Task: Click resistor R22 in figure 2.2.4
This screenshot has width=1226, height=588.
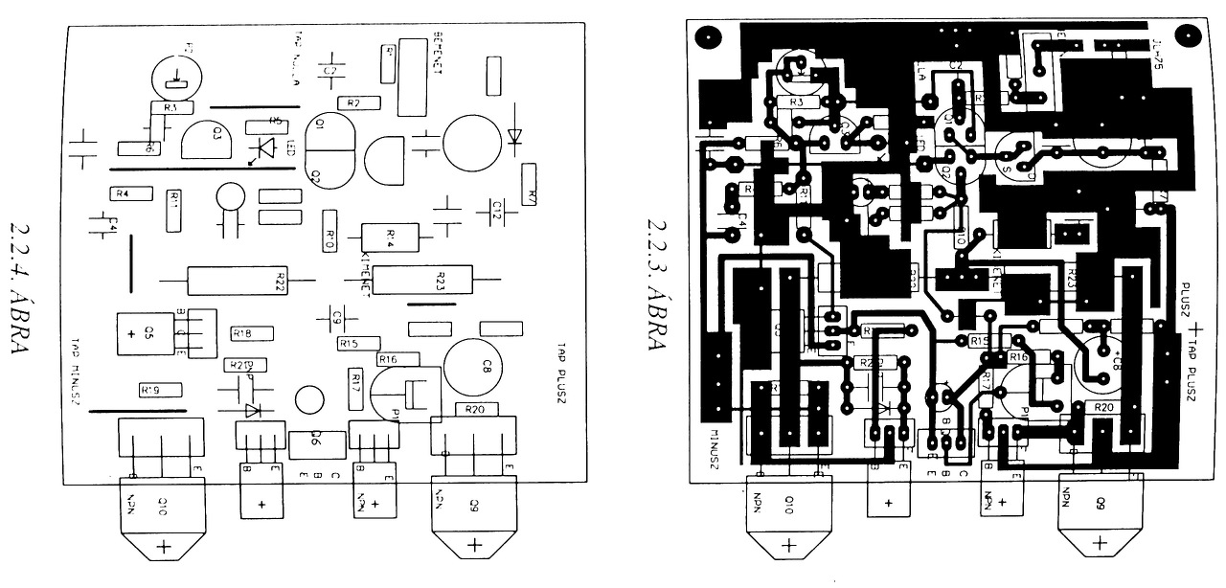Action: point(237,281)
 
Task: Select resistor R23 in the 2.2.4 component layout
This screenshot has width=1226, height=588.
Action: point(422,281)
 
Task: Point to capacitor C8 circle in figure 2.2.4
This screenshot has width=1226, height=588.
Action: point(475,366)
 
